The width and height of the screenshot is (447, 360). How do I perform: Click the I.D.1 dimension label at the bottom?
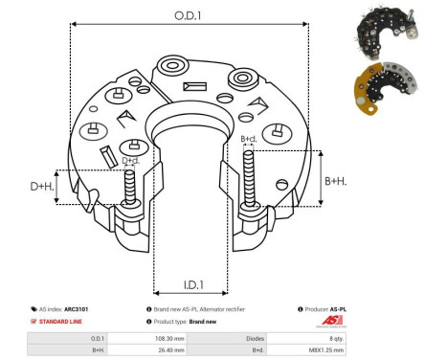tap(190, 284)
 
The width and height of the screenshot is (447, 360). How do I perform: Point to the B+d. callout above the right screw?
tap(249, 140)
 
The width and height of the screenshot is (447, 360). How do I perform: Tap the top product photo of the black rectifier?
tap(391, 30)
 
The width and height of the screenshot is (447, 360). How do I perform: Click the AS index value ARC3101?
tap(89, 309)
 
